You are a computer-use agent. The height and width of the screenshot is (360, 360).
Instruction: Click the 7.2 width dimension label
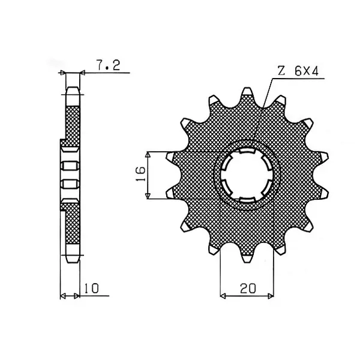tap(108, 65)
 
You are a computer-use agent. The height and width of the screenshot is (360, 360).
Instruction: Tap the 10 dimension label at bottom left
tap(91, 289)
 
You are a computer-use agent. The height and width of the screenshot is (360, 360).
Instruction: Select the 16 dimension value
tap(140, 173)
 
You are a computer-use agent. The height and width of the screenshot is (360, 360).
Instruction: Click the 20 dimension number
tap(248, 289)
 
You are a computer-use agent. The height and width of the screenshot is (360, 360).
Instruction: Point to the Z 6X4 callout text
tap(298, 71)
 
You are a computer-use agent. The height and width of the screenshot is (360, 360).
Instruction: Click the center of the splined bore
tap(247, 175)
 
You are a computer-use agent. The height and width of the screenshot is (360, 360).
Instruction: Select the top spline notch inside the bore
tap(247, 151)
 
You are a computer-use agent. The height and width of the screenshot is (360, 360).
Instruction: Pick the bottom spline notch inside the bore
tap(247, 199)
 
